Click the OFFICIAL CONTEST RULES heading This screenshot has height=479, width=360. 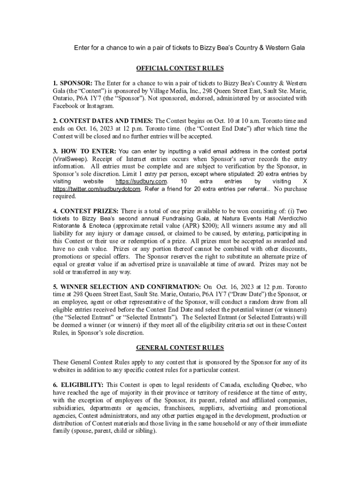click(x=180, y=68)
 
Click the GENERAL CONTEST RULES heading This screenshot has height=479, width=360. click(x=180, y=348)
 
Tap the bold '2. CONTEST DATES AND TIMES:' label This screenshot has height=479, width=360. click(x=103, y=121)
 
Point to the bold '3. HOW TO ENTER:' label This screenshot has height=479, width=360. click(x=85, y=151)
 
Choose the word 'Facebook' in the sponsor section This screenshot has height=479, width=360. click(x=67, y=106)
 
